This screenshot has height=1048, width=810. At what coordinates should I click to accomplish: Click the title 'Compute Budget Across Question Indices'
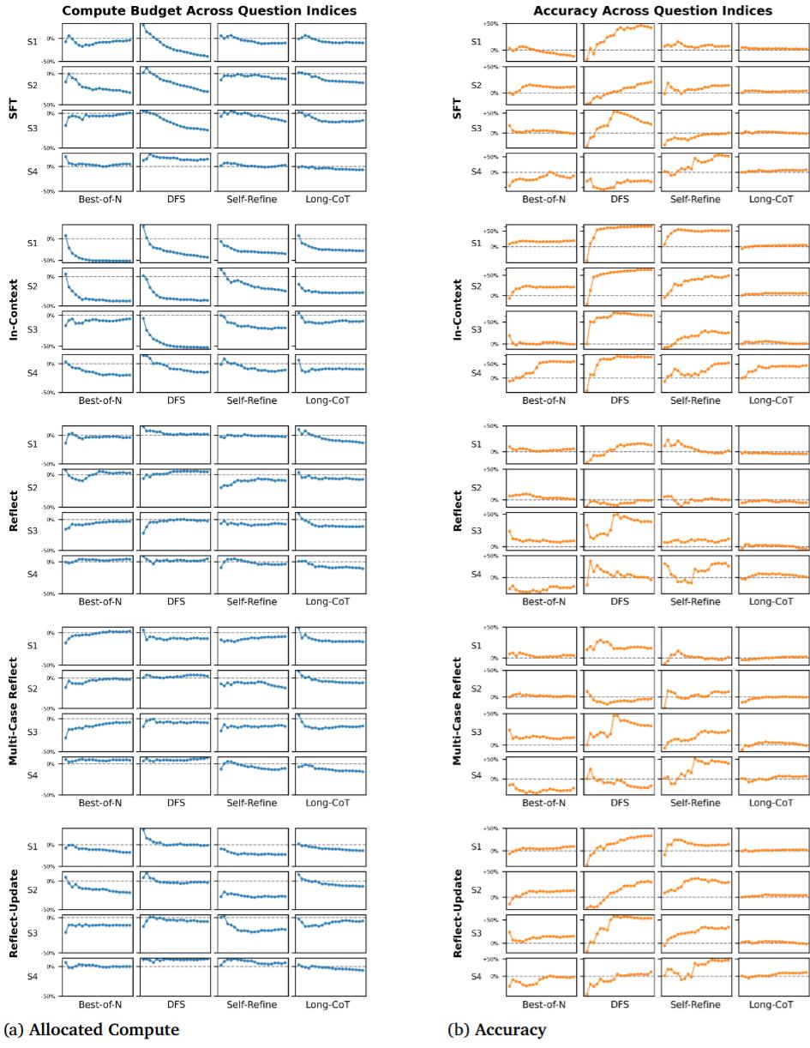click(x=209, y=10)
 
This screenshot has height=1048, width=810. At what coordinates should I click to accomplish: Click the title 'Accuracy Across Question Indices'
click(x=652, y=10)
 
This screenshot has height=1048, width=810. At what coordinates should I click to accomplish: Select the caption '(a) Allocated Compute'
click(x=92, y=1029)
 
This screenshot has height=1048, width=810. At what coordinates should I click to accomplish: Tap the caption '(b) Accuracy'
click(x=496, y=1029)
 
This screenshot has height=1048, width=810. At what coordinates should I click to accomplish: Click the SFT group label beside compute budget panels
click(x=13, y=108)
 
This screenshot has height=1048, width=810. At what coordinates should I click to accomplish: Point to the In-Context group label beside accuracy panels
click(x=456, y=309)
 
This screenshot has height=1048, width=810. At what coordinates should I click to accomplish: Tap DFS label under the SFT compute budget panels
click(x=176, y=199)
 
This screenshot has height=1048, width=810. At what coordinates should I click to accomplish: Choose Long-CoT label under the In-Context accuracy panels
click(x=771, y=400)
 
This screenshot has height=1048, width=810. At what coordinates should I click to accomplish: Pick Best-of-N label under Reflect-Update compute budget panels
click(x=99, y=1003)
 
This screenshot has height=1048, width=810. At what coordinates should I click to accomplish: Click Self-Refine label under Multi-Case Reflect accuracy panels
click(x=695, y=802)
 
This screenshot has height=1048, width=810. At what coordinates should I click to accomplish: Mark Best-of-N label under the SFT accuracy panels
click(x=543, y=199)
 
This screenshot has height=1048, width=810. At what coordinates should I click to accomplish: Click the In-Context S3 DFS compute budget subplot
click(x=175, y=329)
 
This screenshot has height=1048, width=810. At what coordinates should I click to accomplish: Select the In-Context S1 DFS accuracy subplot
click(x=619, y=243)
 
